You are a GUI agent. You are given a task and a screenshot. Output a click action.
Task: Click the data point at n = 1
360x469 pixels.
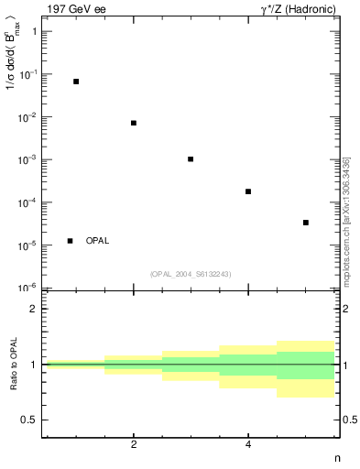click(x=76, y=82)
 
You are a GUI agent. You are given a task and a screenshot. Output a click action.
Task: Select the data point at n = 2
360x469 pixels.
click(x=134, y=123)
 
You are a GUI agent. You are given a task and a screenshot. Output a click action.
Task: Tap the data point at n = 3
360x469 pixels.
click(x=191, y=159)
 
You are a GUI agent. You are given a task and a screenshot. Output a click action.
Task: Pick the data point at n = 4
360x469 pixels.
click(x=248, y=191)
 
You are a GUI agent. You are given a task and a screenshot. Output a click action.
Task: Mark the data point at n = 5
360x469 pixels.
click(x=306, y=223)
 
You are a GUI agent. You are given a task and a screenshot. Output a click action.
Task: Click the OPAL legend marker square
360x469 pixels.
click(x=71, y=241)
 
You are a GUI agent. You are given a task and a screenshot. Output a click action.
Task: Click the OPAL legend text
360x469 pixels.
click(x=97, y=241)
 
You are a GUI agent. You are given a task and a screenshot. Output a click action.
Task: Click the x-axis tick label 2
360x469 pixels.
click(x=134, y=444)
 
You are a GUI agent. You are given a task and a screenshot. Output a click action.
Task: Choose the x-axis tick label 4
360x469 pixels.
click(x=248, y=444)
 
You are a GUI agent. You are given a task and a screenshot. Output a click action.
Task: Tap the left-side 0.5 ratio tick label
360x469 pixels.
click(x=29, y=420)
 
